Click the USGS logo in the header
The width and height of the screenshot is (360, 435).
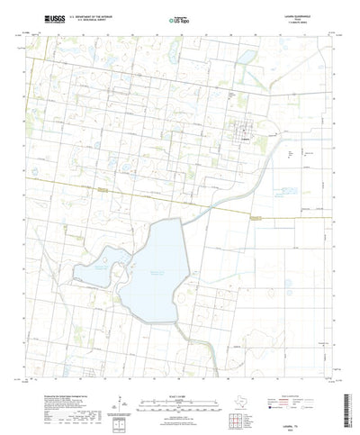[x=42, y=17]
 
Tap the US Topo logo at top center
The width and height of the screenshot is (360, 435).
[x=179, y=18]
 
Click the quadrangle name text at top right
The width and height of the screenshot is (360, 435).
[x=311, y=16]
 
